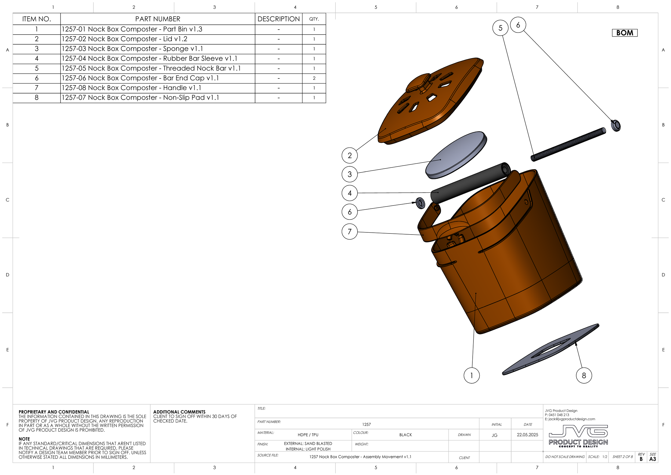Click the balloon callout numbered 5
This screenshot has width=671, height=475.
(x=500, y=28)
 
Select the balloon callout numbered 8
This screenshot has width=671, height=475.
(x=584, y=376)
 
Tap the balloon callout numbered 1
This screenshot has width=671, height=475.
(x=471, y=376)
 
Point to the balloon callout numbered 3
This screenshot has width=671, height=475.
(x=349, y=174)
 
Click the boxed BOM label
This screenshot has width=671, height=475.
(x=625, y=33)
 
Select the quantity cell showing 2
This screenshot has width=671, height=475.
(x=314, y=78)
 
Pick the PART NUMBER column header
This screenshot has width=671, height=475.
(x=158, y=19)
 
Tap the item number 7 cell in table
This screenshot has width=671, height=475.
(x=37, y=88)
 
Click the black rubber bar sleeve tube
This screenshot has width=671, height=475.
(x=471, y=183)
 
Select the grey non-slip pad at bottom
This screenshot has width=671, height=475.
(x=549, y=350)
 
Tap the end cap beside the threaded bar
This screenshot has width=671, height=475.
(x=616, y=125)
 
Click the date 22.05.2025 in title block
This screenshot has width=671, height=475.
(x=527, y=435)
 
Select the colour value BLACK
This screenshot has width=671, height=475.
(x=405, y=435)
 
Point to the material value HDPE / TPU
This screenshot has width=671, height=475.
(x=308, y=435)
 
